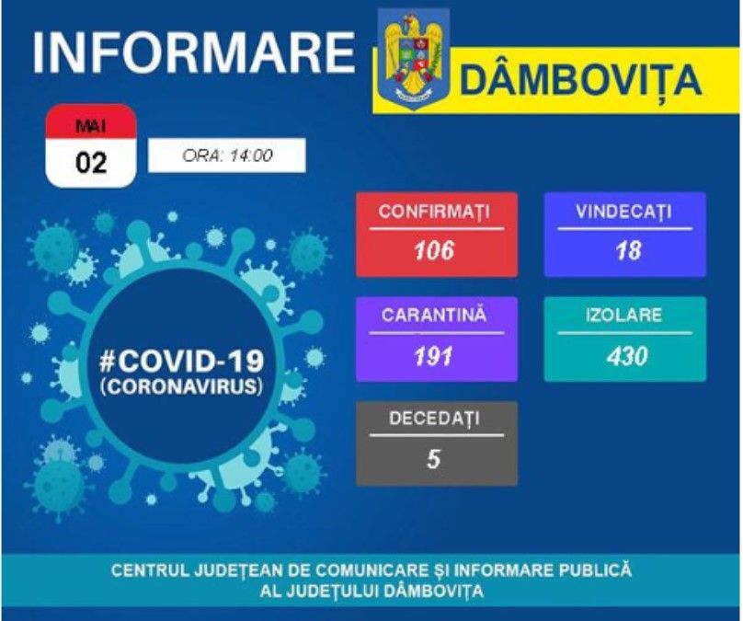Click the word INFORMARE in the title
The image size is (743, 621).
[193, 52]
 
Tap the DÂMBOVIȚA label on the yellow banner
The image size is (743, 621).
[580, 81]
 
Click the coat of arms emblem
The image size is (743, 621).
[413, 57]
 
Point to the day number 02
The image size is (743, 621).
[91, 163]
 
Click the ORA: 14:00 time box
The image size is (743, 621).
[226, 155]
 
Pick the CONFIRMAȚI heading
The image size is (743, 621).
[435, 213]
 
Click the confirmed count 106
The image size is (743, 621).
[435, 249]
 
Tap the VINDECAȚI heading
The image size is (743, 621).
[624, 213]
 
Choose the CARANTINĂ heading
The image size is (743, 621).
[435, 316]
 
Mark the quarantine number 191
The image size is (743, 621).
[435, 354]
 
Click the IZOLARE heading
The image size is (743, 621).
[624, 316]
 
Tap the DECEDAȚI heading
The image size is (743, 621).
[435, 420]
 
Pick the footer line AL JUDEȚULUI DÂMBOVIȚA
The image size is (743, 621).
[371, 591]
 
